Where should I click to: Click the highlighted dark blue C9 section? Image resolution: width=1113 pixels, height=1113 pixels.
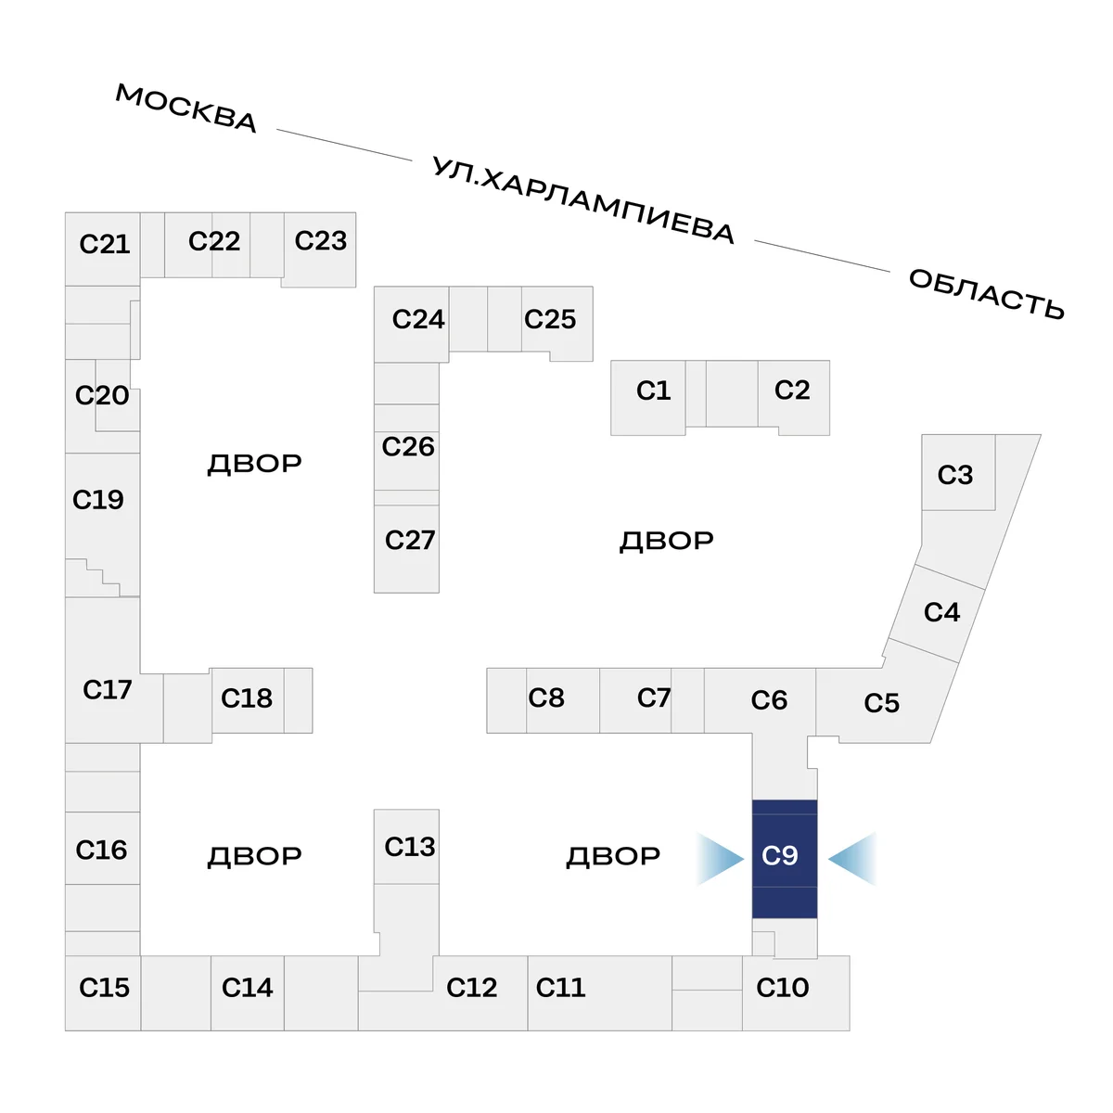point(784,857)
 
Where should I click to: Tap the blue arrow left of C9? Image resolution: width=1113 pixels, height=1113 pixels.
point(721,859)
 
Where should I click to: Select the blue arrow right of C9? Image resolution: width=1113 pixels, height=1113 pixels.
point(852,859)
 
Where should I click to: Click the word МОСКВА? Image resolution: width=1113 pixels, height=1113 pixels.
point(185,108)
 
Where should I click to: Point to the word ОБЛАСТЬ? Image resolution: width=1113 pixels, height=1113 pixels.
point(986,293)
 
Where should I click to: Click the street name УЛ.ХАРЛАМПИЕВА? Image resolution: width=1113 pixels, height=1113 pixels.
point(583,200)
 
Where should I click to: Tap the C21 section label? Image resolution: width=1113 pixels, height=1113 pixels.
point(104,244)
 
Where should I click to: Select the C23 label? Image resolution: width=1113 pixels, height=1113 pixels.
point(320,241)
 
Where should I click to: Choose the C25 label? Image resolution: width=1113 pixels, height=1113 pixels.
point(550,319)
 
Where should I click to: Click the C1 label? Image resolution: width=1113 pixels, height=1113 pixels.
point(653,390)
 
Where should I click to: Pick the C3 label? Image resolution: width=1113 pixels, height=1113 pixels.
point(955,475)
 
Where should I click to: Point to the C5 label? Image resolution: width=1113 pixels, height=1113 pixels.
point(881,703)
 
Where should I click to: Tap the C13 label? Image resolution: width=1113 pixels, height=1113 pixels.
point(409,847)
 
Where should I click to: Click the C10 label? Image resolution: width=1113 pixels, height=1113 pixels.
point(783,988)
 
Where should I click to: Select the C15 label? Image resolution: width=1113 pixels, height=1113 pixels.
point(104,988)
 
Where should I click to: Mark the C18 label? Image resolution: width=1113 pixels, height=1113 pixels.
point(247,697)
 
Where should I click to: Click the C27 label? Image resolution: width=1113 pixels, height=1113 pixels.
point(409,540)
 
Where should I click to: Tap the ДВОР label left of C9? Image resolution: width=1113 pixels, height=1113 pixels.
point(613,856)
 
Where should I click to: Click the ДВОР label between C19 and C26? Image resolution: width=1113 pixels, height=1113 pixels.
point(254,463)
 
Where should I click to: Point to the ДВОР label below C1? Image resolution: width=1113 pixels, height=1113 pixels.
point(666,541)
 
